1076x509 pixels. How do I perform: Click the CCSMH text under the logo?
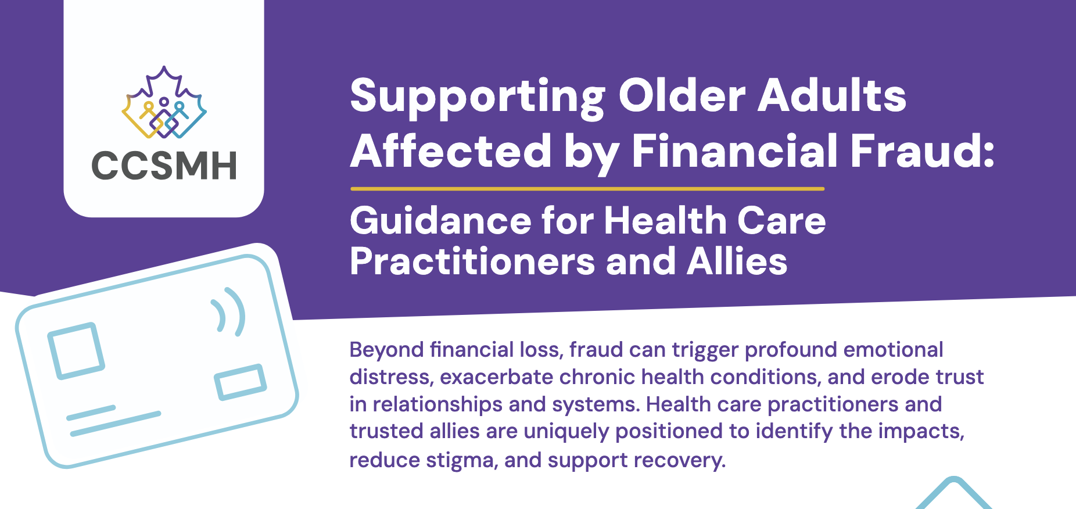(x=164, y=165)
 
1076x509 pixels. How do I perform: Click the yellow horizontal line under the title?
(x=587, y=189)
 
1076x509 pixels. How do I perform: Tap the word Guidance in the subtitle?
(x=440, y=221)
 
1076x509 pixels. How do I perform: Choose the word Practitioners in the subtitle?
(x=472, y=261)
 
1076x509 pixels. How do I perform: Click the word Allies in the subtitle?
(x=737, y=261)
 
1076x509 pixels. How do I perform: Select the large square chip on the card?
(x=76, y=350)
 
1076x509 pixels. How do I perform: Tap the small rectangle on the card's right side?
(x=241, y=382)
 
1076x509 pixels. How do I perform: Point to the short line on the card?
(x=91, y=413)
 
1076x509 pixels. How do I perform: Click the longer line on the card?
(x=115, y=424)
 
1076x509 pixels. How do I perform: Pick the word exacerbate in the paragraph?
(x=496, y=377)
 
